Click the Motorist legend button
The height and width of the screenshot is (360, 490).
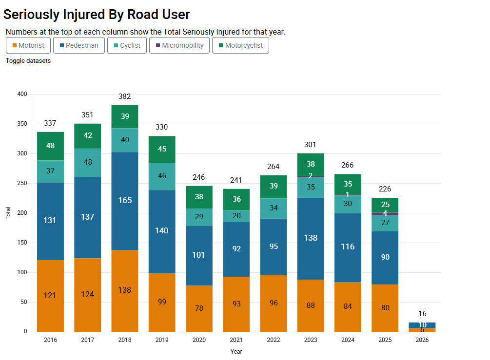click(28, 45)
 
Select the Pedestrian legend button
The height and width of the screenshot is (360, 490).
click(78, 45)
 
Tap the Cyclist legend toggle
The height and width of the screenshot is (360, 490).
click(127, 45)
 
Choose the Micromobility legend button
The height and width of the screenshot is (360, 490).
click(179, 45)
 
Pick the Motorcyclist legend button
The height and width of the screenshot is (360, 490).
click(240, 45)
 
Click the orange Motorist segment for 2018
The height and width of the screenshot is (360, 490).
click(125, 290)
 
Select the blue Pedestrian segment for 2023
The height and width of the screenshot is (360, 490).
click(311, 238)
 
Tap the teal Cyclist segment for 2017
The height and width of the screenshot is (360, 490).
click(88, 163)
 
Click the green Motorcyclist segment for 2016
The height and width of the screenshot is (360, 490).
click(51, 146)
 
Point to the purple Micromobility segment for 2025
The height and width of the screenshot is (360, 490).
click(385, 213)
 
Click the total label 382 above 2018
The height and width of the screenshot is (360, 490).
click(125, 96)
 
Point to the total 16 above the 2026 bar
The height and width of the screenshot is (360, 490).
click(422, 314)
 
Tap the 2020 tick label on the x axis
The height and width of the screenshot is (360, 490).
click(199, 340)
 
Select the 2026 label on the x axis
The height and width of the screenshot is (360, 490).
click(422, 340)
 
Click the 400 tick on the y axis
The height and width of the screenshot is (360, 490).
click(22, 94)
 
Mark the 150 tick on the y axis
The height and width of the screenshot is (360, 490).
click(22, 243)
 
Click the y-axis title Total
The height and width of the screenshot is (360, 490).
click(8, 213)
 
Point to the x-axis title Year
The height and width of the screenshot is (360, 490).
click(236, 351)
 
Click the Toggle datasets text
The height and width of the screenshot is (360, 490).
click(28, 61)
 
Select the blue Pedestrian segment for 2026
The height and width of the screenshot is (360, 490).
click(422, 325)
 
